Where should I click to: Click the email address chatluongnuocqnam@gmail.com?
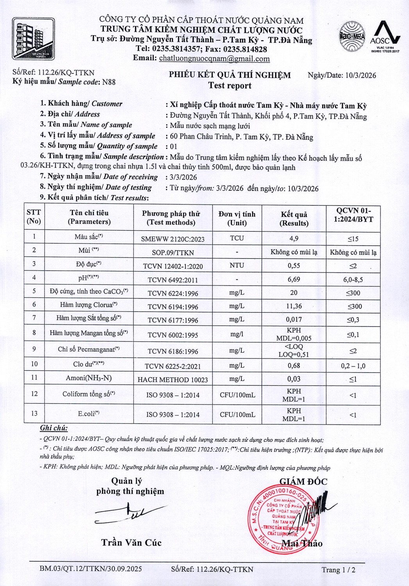tap(214, 59)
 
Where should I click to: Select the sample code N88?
tap(109, 82)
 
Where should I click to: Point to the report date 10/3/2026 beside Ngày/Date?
tap(361, 75)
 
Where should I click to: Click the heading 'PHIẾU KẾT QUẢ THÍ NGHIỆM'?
tap(230, 75)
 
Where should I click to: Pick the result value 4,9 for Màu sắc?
tap(294, 238)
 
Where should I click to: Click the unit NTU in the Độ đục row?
tap(237, 265)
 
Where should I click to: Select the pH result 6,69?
tap(294, 279)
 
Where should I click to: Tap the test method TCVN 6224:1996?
tap(173, 293)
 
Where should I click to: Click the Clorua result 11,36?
tap(294, 306)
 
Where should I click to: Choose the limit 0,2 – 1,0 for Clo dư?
tap(353, 366)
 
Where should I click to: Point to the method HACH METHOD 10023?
tap(173, 379)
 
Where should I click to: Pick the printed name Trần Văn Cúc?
tap(131, 542)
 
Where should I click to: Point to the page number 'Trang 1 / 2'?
tap(338, 570)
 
